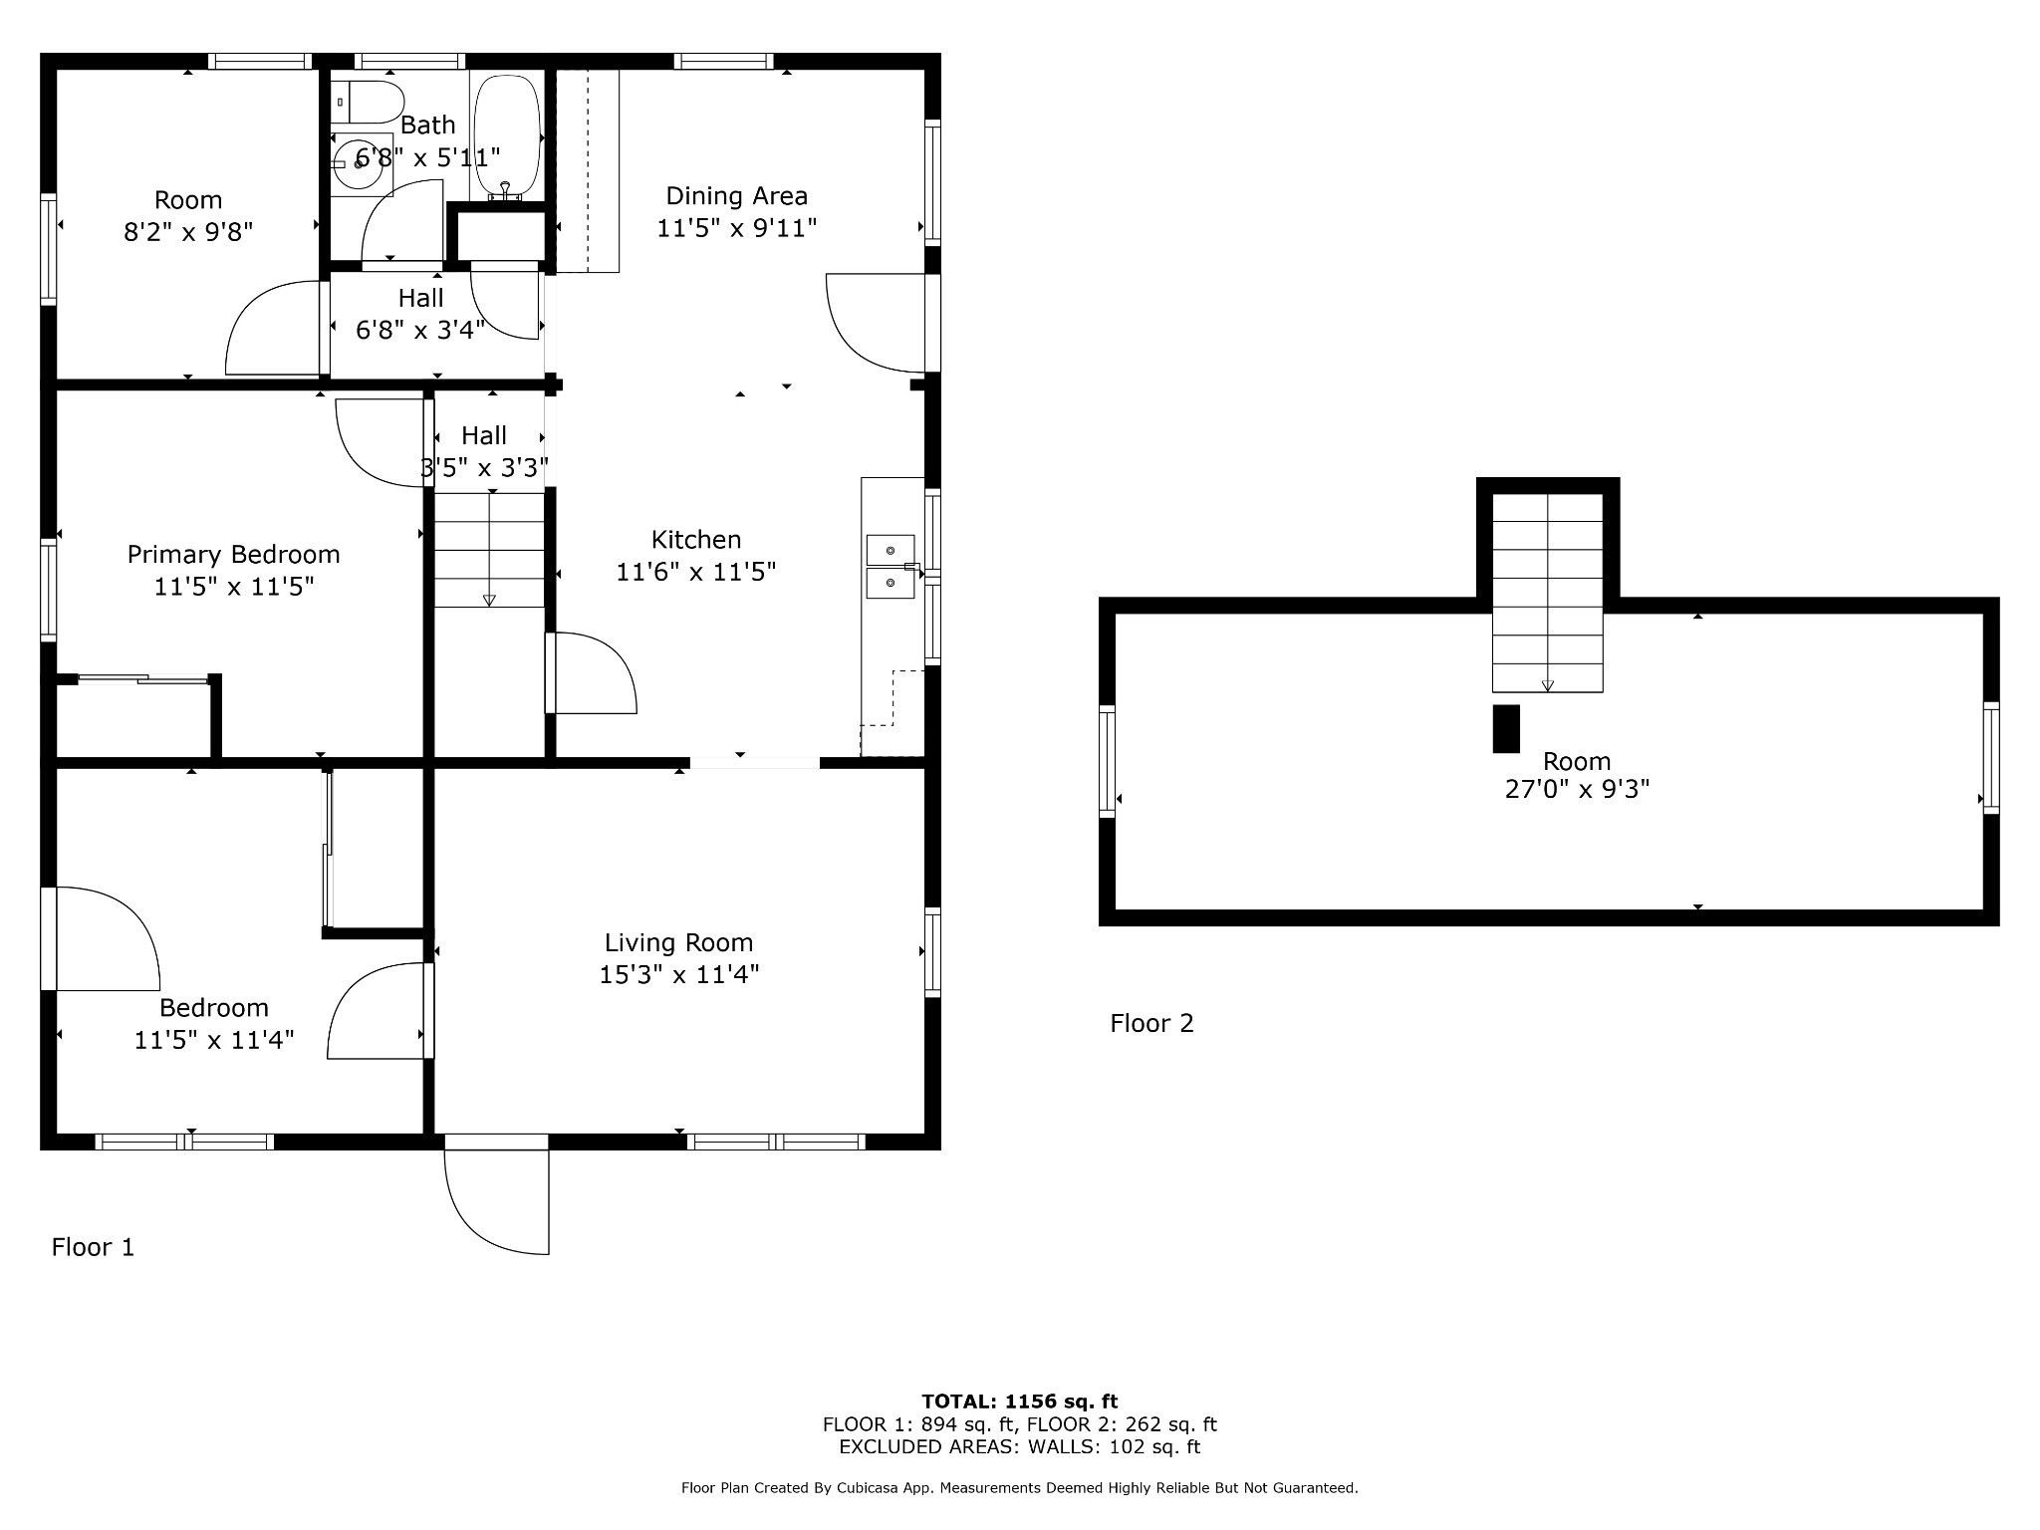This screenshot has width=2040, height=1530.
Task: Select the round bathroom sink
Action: tap(358, 163)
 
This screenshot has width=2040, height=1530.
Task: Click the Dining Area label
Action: tap(736, 196)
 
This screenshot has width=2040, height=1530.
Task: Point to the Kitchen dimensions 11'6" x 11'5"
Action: tap(695, 572)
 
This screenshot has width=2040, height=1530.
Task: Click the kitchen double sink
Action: tap(890, 566)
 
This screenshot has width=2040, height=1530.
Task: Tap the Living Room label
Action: tap(678, 942)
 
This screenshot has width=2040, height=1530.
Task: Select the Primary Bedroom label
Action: tap(233, 555)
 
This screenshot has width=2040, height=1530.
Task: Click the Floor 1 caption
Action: tap(93, 1247)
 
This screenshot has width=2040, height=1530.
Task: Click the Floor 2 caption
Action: tap(1151, 1023)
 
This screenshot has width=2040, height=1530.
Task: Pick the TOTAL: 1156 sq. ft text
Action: tap(1019, 1402)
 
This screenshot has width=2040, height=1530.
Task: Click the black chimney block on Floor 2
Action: tap(1506, 728)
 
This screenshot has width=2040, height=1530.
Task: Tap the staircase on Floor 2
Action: tap(1547, 593)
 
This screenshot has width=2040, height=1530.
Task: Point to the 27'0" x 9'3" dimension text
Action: tap(1577, 789)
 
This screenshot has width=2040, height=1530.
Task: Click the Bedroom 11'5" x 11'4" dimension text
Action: tap(214, 1041)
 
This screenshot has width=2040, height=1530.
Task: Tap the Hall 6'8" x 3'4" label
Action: tap(420, 314)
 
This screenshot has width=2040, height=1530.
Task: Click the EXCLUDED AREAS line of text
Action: tap(1019, 1447)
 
